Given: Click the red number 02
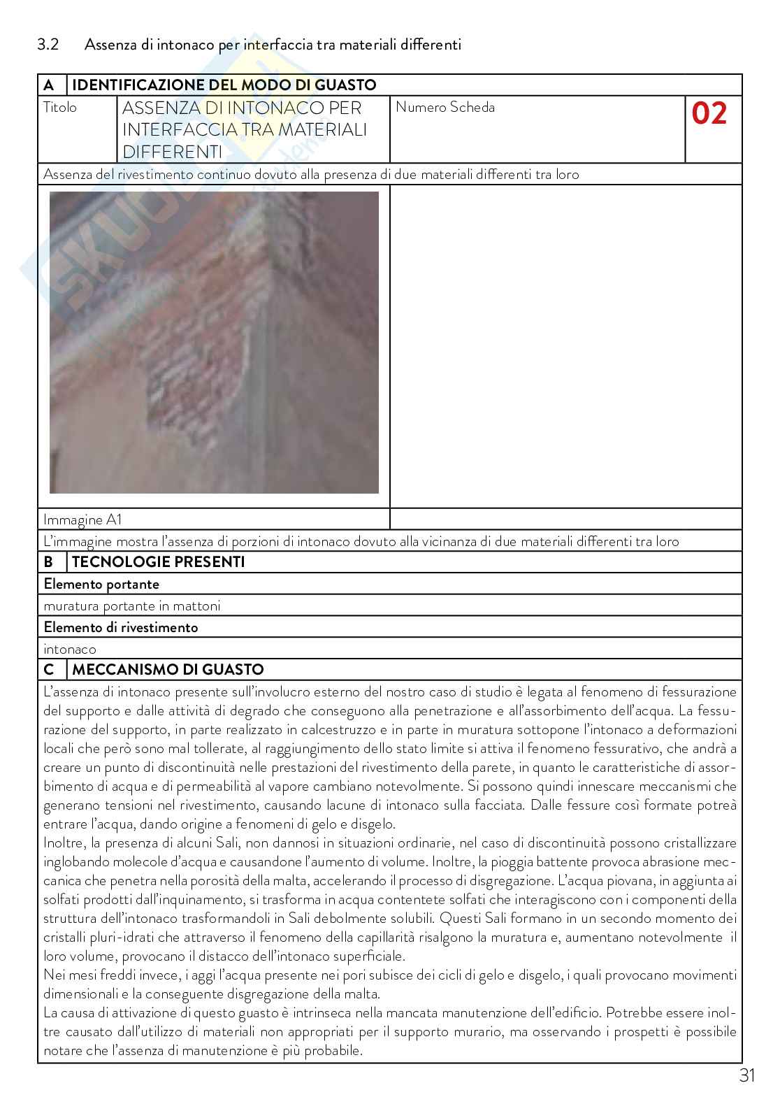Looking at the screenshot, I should click(x=709, y=113).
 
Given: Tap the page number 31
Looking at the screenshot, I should click(x=747, y=1075).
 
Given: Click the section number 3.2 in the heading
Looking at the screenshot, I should click(x=48, y=44).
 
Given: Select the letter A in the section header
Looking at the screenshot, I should click(x=48, y=85).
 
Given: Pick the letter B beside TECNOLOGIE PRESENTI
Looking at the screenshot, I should click(x=48, y=562).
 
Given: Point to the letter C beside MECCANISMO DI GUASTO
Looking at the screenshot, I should click(x=48, y=670).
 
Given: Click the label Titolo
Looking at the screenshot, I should click(x=60, y=108).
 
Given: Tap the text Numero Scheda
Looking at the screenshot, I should click(x=445, y=108).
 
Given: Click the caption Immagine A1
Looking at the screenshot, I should click(x=82, y=519).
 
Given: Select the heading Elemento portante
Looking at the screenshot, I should click(x=101, y=584).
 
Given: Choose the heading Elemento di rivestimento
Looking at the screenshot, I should click(x=120, y=627).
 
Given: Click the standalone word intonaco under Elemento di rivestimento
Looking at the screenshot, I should click(x=70, y=649).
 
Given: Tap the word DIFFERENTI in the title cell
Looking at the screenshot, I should click(x=172, y=152).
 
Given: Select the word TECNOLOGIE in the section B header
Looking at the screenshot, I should click(x=120, y=562).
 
